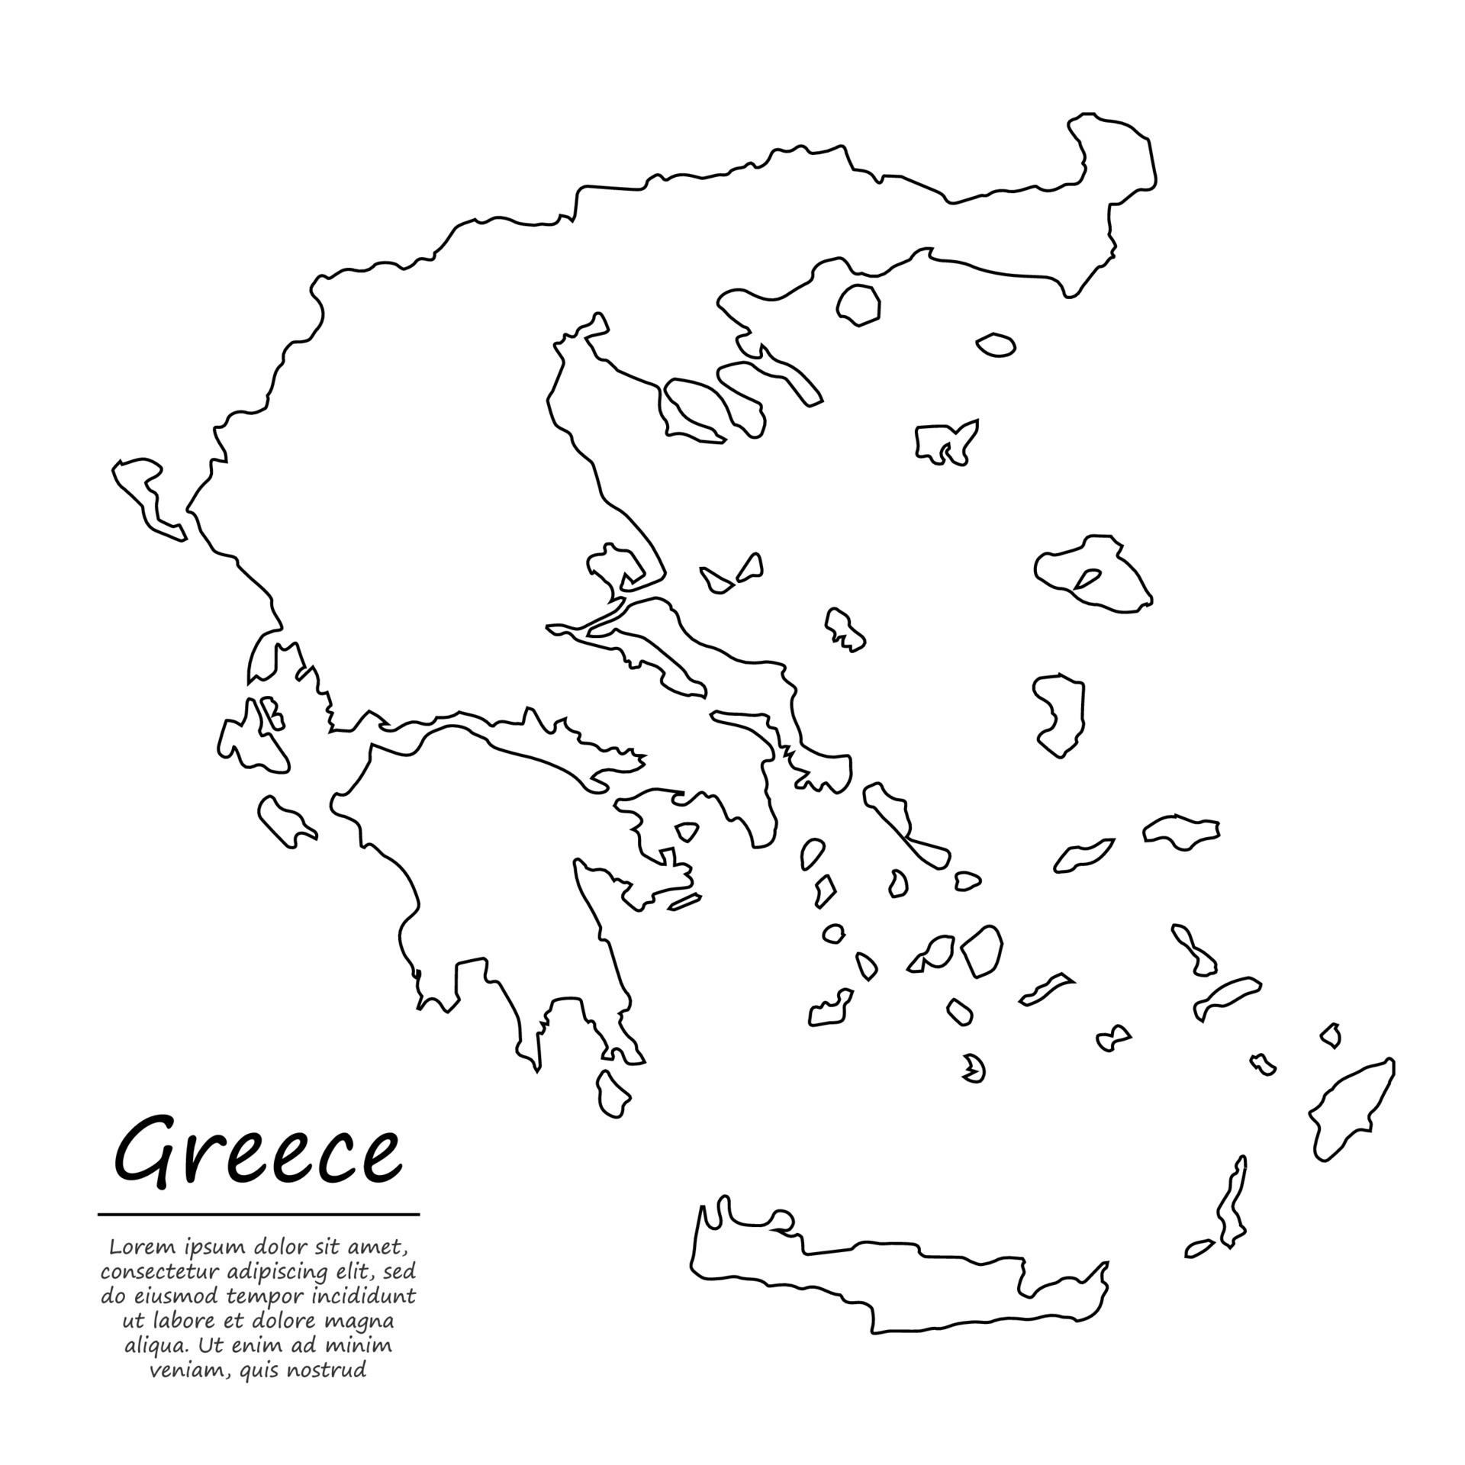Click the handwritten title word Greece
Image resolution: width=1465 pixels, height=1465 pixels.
(257, 1151)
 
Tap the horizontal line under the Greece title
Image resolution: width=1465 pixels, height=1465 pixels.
(259, 1214)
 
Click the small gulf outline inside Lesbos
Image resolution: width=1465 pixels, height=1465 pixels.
(1087, 578)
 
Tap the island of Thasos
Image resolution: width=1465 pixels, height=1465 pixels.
(858, 305)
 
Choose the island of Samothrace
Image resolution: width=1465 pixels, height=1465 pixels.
(996, 346)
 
